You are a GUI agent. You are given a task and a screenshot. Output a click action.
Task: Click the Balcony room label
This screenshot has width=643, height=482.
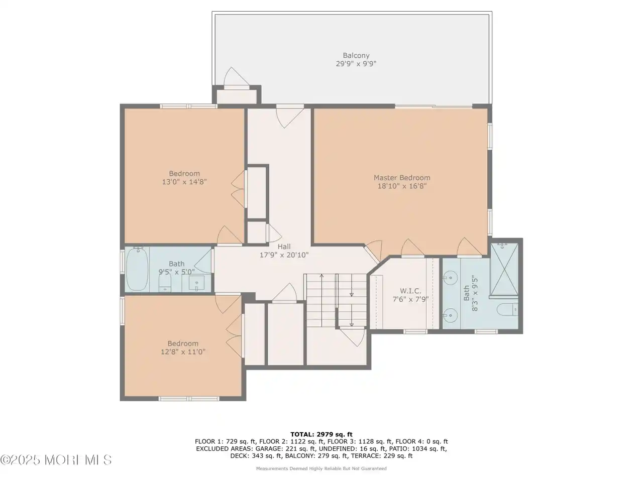tap(356, 55)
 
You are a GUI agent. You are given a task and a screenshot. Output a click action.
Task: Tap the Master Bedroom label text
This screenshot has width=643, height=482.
tap(402, 178)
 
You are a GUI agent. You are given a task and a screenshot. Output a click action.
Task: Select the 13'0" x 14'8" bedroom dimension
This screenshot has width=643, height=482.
tap(184, 182)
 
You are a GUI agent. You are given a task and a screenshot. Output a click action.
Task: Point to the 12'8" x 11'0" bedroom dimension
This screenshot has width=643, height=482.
tap(183, 351)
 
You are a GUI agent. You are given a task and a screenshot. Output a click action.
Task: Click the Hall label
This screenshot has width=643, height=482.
tap(284, 247)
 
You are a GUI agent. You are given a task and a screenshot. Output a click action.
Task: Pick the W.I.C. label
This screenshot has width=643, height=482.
tap(410, 291)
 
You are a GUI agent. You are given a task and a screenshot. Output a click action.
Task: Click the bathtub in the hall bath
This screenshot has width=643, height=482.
tap(137, 269)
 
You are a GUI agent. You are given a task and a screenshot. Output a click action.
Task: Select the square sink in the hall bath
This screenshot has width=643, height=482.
tap(196, 283)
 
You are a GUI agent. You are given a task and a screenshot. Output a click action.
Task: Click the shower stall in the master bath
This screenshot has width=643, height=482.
tap(504, 269)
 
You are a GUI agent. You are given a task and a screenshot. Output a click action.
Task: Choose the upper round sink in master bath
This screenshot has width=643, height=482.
tap(450, 276)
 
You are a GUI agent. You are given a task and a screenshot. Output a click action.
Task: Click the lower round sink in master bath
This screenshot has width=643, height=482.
tap(450, 315)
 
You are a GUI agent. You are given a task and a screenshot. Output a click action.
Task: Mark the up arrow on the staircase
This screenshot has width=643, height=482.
tap(321, 301)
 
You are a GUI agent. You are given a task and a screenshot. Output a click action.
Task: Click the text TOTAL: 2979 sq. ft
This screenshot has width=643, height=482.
tap(321, 434)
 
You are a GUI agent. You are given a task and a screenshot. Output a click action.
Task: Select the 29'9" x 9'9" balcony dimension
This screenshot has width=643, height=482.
tap(356, 63)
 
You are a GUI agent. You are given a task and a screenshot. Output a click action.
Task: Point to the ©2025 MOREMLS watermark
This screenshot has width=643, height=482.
tap(56, 460)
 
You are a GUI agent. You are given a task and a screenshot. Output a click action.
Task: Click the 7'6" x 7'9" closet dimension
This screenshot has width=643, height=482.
tap(410, 299)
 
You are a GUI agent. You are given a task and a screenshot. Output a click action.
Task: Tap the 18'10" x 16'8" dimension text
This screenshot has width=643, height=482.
tap(402, 186)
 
